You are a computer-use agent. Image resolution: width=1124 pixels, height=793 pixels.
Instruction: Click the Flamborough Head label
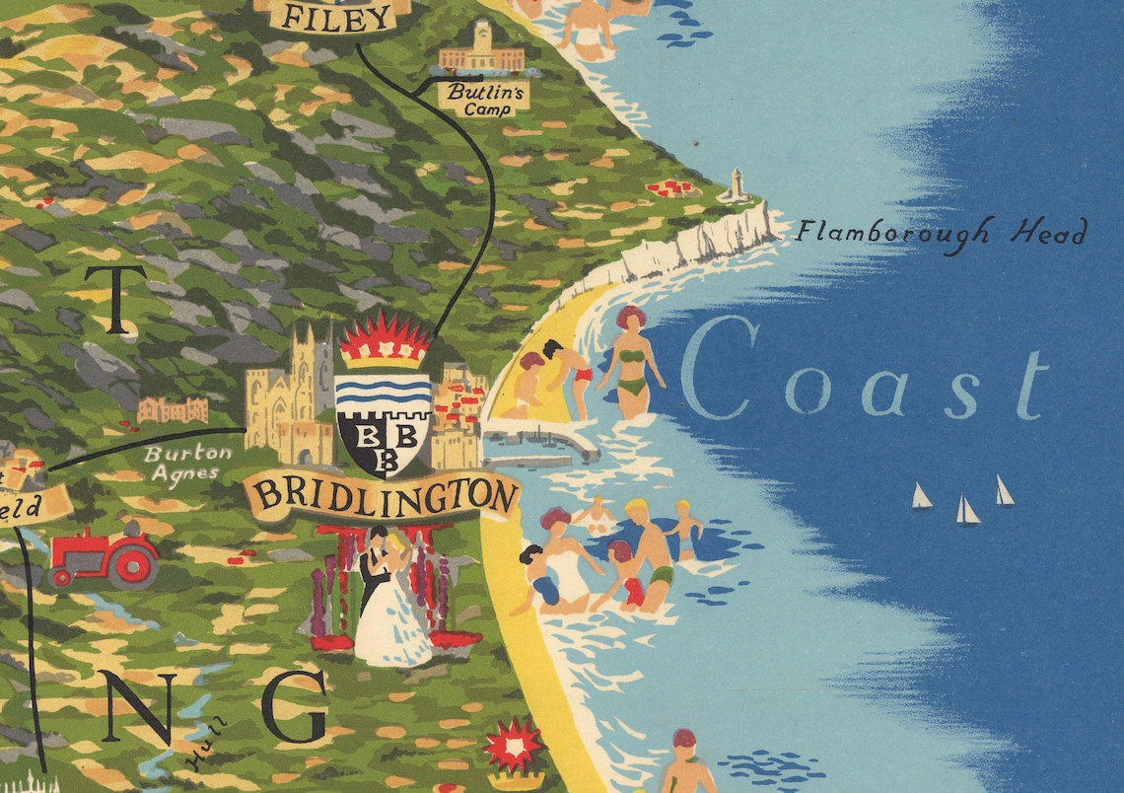pyautogui.click(x=942, y=234)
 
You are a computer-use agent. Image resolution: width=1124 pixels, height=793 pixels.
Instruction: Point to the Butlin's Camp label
pyautogui.click(x=484, y=98)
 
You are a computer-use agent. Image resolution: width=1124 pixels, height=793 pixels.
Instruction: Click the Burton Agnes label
pyautogui.click(x=187, y=462)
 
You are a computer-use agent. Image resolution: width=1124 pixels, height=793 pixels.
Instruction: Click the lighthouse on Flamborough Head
pyautogui.click(x=736, y=184)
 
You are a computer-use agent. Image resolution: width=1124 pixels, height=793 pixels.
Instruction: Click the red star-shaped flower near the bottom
pyautogui.click(x=513, y=745)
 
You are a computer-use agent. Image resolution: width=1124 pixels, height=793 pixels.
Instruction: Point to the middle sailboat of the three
pyautogui.click(x=966, y=510)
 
